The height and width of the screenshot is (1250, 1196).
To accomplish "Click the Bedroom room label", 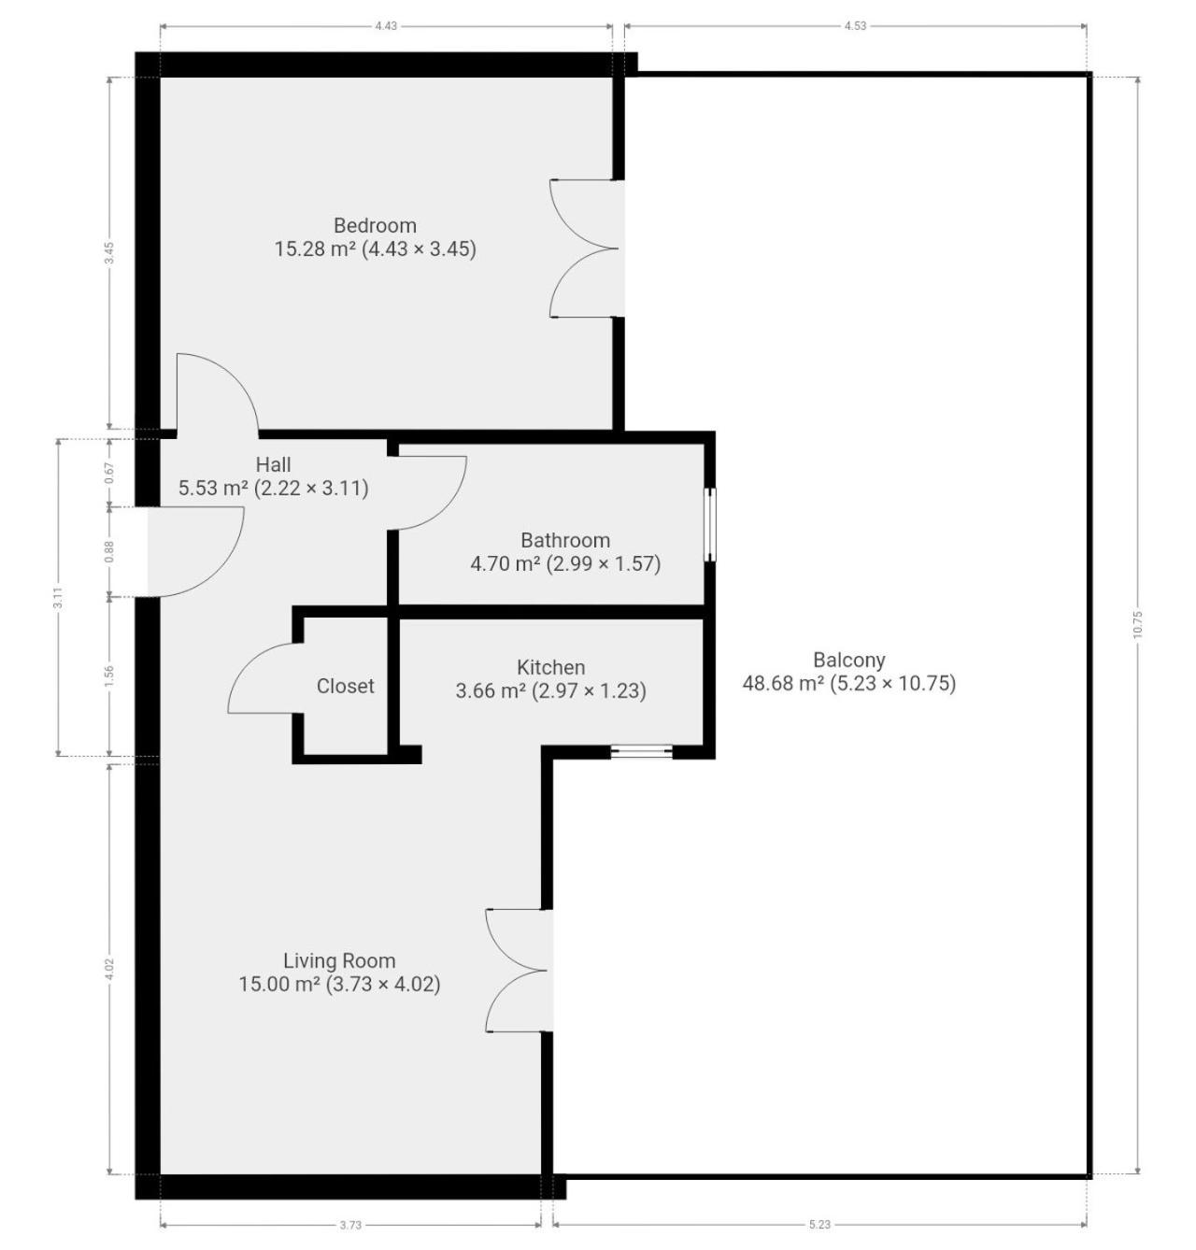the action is point(375,225).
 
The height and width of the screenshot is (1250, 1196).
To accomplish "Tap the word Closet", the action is point(345,686).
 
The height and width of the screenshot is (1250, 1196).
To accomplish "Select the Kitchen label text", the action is point(550,667).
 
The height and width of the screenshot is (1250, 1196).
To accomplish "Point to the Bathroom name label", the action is point(564,540).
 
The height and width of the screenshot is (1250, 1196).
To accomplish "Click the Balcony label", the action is point(848,659).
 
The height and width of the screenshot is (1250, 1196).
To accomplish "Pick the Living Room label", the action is point(339,960).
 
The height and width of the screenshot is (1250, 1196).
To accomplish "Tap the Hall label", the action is point(273,463).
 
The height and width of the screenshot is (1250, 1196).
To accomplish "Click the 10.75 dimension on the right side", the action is point(1137,624).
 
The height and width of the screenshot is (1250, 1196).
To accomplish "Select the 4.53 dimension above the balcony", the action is point(855,26).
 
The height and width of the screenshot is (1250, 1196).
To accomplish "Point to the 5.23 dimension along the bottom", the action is point(819,1224).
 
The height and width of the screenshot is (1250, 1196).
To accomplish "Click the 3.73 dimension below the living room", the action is point(350,1224).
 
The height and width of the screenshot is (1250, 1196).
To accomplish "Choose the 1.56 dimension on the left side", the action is point(109,675).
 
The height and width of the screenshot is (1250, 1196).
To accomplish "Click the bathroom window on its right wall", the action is point(710,524).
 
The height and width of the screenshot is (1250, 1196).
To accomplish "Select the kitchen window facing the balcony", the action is point(640,751).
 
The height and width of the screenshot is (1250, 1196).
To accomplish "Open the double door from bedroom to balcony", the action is point(587,248).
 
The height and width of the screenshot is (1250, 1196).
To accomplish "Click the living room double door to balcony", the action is point(519,970).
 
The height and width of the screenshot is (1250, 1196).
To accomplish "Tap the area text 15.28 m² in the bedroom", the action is point(316,249).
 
